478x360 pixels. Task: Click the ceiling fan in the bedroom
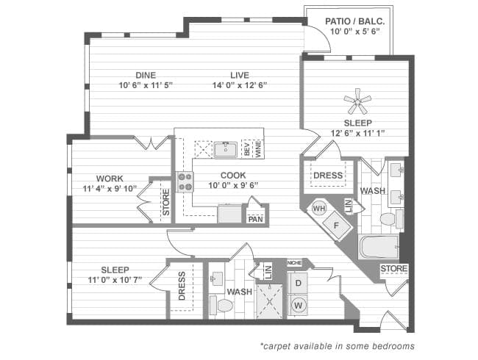(357, 101)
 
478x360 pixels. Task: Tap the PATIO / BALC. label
(348, 21)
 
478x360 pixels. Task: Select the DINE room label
(145, 75)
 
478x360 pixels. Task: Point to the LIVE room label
(239, 75)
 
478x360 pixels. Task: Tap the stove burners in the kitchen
(184, 181)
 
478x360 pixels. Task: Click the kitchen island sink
(226, 149)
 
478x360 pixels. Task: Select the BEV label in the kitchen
(246, 148)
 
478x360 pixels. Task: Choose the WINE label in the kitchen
(257, 148)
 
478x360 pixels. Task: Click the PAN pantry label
(255, 219)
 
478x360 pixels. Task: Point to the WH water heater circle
(319, 209)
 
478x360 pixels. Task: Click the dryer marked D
(298, 283)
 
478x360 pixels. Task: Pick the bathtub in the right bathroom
(379, 246)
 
